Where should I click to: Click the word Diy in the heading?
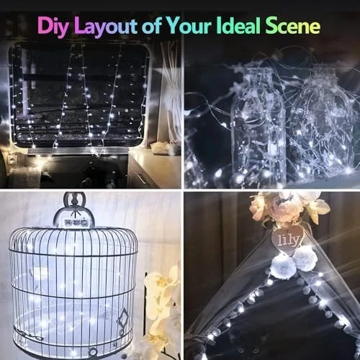(53, 26)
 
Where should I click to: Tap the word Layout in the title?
(106, 27)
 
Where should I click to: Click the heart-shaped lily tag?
(288, 238)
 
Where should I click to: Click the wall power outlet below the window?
(12, 159)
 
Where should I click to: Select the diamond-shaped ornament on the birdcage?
(122, 320)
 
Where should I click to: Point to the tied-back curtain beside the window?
(171, 94)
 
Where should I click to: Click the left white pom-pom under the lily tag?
(283, 268)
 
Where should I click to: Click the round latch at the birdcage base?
(92, 352)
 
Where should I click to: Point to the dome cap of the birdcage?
(74, 218)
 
